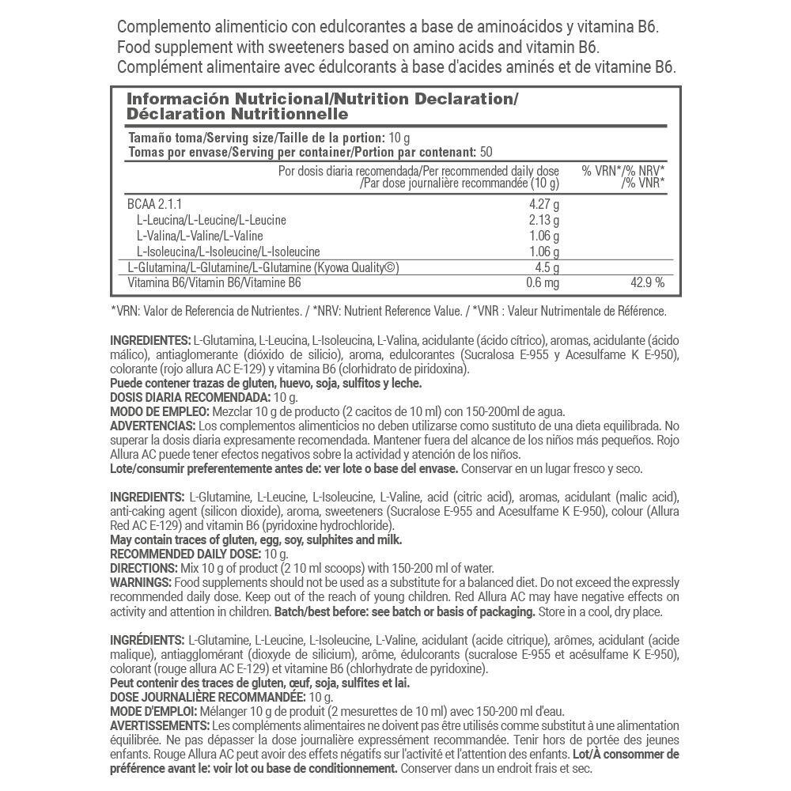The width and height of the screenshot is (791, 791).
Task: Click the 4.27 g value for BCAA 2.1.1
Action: click(544, 203)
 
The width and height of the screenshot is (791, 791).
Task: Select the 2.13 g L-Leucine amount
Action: click(544, 219)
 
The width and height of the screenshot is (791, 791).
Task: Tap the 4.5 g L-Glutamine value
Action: click(547, 267)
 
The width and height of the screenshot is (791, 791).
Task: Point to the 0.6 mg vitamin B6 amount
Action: click(543, 282)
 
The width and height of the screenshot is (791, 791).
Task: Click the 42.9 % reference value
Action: click(646, 282)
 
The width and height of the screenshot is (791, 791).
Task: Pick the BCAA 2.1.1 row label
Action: click(154, 203)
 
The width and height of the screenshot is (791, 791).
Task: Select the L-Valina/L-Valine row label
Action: click(199, 235)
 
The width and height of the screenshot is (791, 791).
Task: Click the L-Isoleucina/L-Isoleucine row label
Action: click(228, 251)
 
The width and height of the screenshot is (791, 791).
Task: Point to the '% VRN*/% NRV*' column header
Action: click(623, 171)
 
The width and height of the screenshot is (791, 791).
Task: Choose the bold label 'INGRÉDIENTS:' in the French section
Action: click(147, 639)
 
